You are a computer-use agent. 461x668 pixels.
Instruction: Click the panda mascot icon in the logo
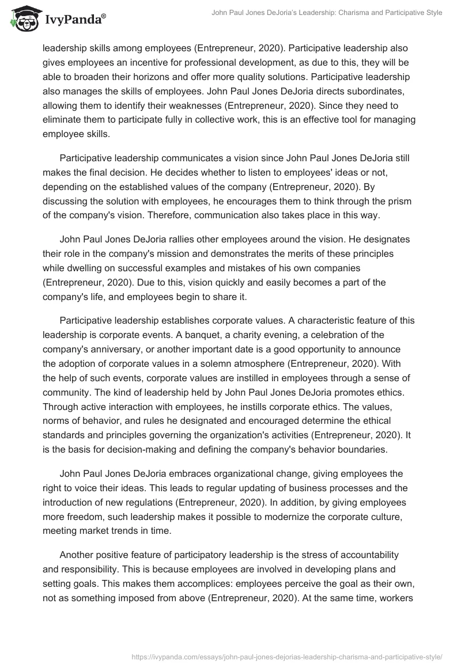[x=22, y=20]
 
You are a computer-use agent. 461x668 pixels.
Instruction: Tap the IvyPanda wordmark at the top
[x=73, y=21]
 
